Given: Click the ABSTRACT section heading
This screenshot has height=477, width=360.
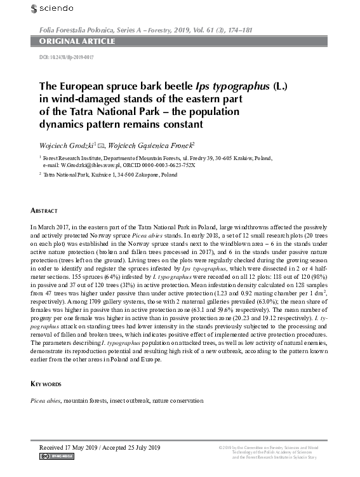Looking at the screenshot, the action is [x=44, y=209].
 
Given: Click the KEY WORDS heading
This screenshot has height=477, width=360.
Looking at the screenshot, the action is [x=46, y=384].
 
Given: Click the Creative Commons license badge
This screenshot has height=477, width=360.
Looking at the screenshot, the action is [x=57, y=456].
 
